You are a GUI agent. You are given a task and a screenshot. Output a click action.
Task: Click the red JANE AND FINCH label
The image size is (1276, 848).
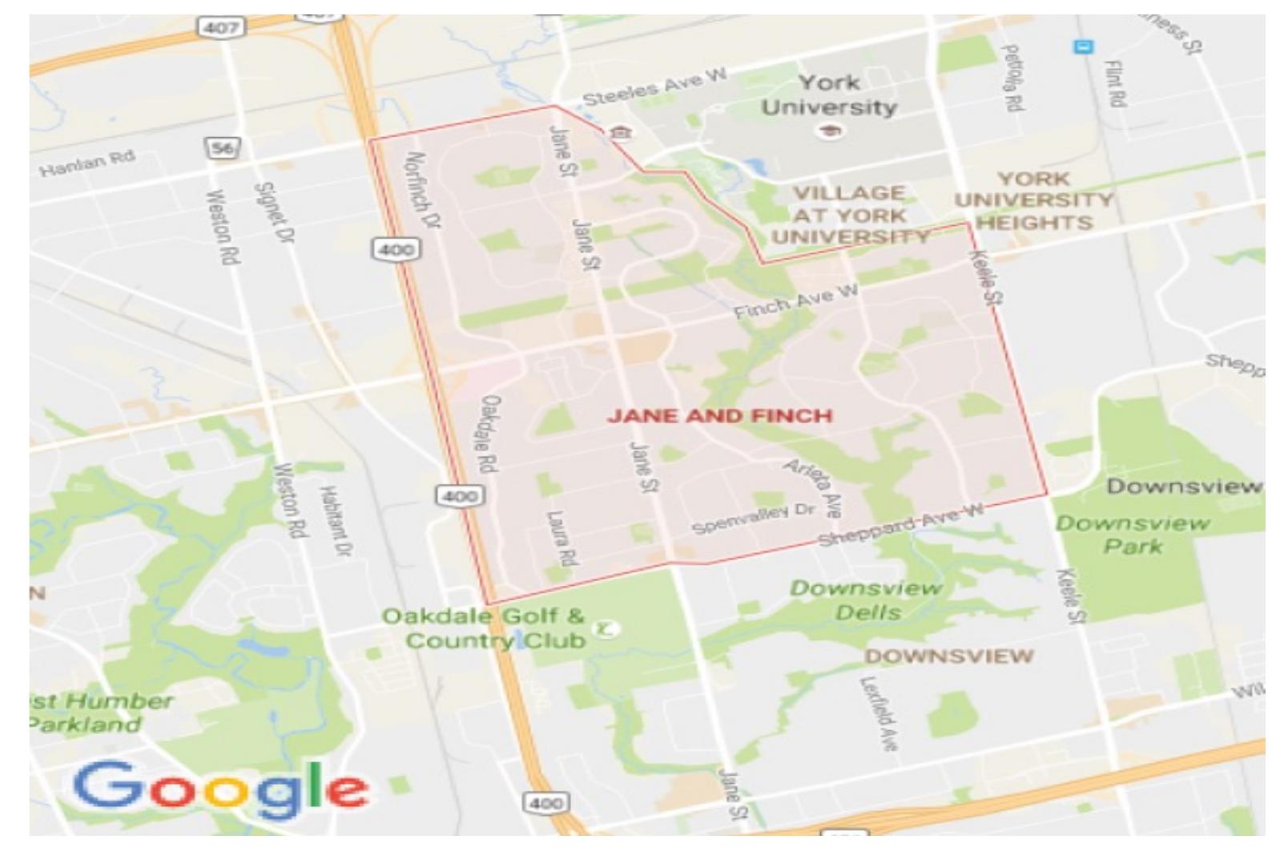click(x=719, y=415)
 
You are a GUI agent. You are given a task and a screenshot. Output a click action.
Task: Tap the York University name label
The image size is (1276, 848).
click(x=829, y=95)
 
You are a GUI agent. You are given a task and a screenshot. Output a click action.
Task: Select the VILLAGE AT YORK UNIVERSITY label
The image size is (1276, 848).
click(x=850, y=215)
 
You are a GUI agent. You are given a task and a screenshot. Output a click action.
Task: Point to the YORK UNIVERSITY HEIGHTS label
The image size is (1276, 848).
click(x=1033, y=200)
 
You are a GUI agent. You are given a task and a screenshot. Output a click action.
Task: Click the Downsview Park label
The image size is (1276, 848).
click(x=1133, y=535)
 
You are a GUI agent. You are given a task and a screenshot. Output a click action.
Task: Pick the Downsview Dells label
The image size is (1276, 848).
click(x=867, y=600)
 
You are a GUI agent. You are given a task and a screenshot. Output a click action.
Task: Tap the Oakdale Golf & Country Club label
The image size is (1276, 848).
click(x=494, y=628)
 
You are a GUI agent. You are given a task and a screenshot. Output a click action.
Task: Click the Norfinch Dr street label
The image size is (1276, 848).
click(x=424, y=191)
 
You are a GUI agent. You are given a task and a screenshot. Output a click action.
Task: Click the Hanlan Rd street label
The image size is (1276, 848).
click(x=87, y=163)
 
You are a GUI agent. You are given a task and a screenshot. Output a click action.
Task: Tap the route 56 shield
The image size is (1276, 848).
click(x=223, y=148)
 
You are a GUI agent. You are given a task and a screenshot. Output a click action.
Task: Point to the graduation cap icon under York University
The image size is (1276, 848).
click(x=830, y=132)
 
